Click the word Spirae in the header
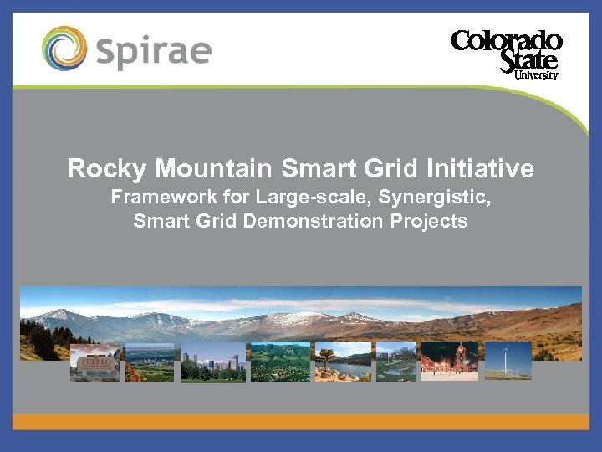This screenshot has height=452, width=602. (x=154, y=49)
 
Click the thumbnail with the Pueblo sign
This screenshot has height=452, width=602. (x=94, y=362)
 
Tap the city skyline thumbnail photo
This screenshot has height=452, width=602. (x=213, y=362)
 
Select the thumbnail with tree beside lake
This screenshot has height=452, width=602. (x=342, y=362)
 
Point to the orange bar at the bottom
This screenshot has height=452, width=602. (x=301, y=421)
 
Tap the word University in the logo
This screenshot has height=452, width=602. (x=536, y=75)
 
